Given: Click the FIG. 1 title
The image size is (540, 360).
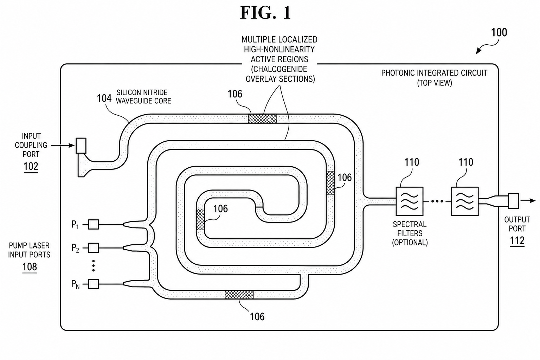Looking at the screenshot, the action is point(265,13).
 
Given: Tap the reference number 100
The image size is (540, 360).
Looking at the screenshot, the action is point(499,32).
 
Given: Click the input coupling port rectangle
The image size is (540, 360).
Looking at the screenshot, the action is point(81,146).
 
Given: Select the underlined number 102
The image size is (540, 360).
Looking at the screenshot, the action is point(31,166).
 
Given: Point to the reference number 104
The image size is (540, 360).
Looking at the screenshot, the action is point(104,98).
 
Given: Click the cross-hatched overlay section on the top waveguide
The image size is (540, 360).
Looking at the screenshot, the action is point(262,118).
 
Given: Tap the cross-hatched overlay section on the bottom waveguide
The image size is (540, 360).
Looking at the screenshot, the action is point(239,295).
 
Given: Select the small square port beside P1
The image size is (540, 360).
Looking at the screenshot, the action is point(94,224).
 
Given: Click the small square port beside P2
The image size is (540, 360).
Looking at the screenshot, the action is point(94,248).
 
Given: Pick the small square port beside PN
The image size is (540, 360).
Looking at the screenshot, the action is point(94,284).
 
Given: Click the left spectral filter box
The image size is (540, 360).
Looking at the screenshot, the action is point(410,201).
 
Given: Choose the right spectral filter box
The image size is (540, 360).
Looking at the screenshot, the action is point(465,201).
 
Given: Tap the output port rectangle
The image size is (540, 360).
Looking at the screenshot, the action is point(514,201).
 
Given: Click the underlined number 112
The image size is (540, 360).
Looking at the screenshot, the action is point(517,240).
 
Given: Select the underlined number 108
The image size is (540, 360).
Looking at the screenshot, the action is point(30,267).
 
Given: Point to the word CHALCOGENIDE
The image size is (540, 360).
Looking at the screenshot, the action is point(279,69).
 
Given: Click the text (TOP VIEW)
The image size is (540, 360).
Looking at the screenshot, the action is point(435,83).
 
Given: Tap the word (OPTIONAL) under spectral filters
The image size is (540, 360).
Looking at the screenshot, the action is point(410,242).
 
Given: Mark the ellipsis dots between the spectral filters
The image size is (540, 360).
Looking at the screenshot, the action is point(437,201).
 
